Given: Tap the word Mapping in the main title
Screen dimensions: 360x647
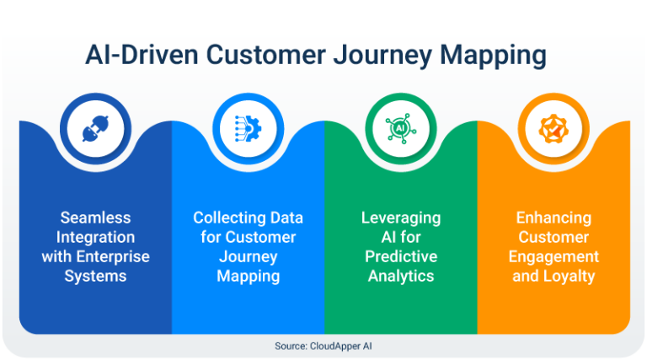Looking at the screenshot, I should pos(496,56).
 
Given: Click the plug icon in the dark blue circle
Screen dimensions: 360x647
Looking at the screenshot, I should pos(94,129).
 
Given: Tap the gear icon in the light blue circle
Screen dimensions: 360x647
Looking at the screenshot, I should pos(248,129).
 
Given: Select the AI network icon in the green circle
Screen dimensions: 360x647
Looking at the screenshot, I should pos(400,129).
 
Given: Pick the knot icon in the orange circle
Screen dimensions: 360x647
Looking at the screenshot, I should pos(553,129).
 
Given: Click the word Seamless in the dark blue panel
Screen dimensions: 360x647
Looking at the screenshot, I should pos(95,218).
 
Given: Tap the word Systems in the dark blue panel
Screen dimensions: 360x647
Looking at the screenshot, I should pos(95,276).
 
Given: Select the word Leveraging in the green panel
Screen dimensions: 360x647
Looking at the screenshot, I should pos(401,218).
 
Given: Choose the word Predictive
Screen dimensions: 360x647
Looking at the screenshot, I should pos(401,256).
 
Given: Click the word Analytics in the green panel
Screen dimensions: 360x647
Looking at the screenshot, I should pos(401,276).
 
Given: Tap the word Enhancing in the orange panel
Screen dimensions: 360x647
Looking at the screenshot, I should pos(553,218).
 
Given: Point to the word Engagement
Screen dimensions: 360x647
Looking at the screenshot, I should pos(553,256).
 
